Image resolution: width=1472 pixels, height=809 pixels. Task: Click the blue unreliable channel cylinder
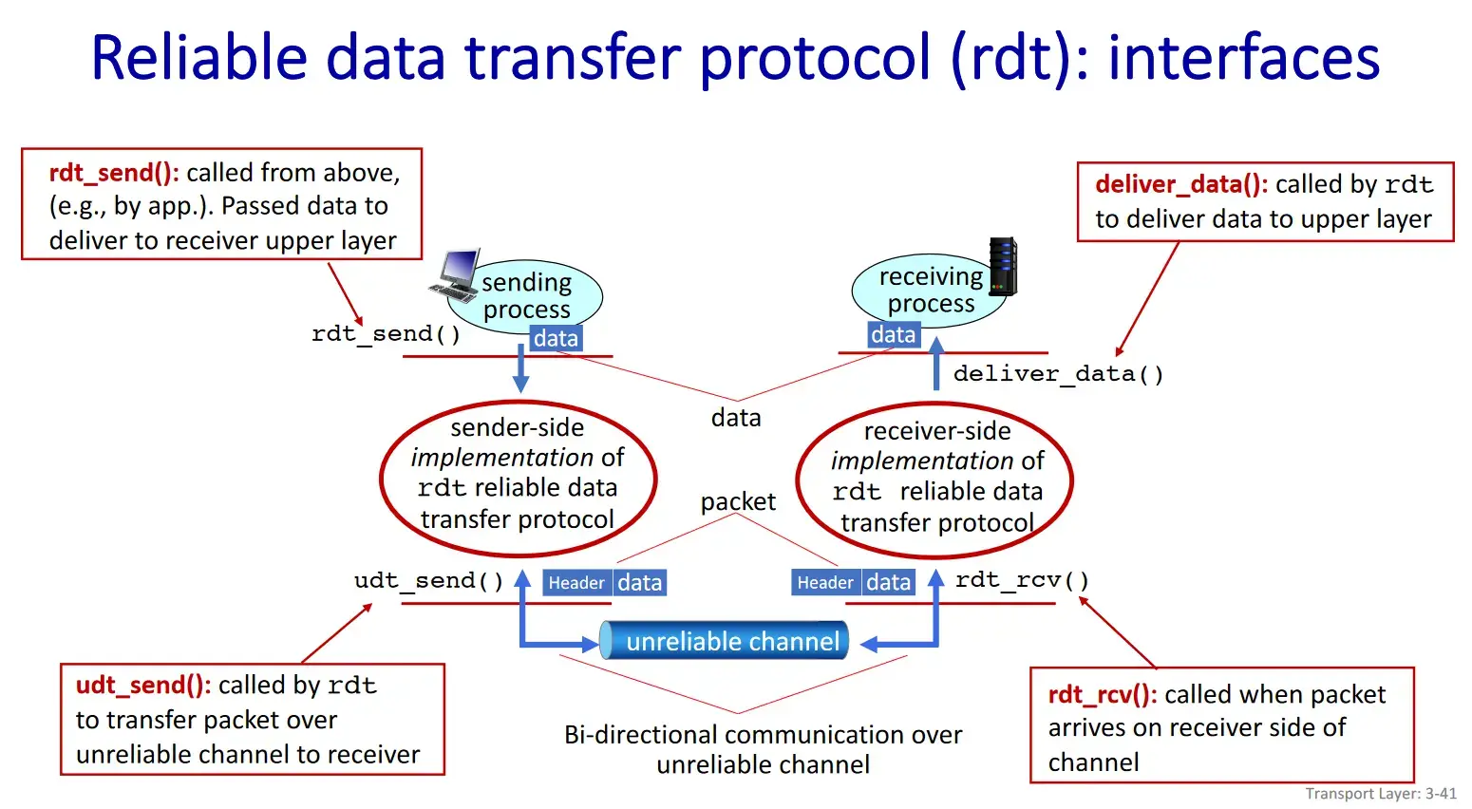tap(724, 641)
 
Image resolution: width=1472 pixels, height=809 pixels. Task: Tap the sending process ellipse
tap(525, 295)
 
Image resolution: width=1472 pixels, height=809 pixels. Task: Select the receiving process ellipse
tap(929, 290)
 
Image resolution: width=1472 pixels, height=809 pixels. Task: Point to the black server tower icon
tap(1002, 266)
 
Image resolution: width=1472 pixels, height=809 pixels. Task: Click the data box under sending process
tap(556, 338)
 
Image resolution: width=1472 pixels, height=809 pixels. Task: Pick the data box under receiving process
tap(893, 334)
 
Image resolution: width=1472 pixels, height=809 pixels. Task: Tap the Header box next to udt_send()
tap(576, 582)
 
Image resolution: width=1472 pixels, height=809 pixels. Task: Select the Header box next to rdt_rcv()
tap(825, 582)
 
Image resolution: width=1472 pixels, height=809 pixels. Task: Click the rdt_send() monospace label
tap(386, 333)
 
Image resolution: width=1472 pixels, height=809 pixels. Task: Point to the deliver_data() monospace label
tap(1058, 373)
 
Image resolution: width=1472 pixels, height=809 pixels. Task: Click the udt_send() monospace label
tap(428, 580)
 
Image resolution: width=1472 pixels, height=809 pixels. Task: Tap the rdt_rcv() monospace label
tap(1022, 579)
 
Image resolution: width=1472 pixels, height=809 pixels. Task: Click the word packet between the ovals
tap(738, 501)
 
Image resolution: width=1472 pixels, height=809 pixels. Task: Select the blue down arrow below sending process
tap(520, 368)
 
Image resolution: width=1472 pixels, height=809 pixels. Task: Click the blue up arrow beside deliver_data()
tap(935, 363)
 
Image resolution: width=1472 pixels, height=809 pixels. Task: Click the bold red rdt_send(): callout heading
tap(114, 173)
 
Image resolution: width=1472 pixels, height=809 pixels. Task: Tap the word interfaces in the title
tap(1243, 58)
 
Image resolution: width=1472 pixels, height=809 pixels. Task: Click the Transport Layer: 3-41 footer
tap(1380, 794)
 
